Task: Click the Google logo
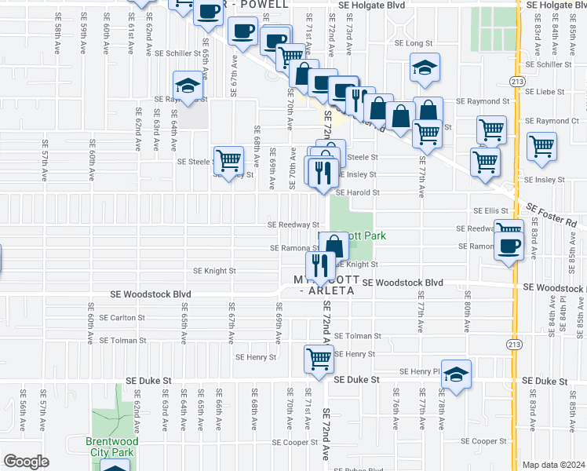pos(26,462)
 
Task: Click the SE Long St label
pos(414,43)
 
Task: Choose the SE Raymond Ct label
pos(552,121)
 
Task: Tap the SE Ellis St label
pos(491,210)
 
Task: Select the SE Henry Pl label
pos(418,371)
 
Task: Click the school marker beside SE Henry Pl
pos(456,376)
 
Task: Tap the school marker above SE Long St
pos(425,69)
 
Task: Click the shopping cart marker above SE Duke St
pos(319,359)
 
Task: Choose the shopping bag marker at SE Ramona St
pos(334,246)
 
